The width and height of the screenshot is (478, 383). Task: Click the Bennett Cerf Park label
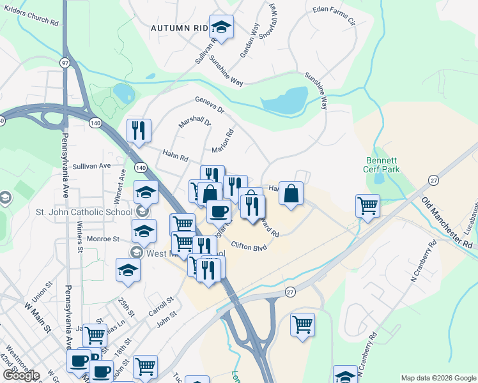click(x=382, y=165)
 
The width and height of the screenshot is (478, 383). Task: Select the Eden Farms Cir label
click(x=333, y=15)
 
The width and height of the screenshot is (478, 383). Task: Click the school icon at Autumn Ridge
click(x=221, y=27)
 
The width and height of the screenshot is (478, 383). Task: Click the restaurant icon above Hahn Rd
click(x=139, y=131)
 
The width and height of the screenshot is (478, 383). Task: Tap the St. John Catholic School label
click(x=75, y=211)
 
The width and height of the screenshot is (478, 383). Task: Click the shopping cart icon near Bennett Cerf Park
click(x=367, y=206)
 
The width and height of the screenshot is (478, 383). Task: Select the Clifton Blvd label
click(x=249, y=246)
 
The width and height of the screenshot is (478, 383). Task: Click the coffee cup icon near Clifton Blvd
click(x=219, y=211)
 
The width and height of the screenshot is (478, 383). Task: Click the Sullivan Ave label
click(x=91, y=165)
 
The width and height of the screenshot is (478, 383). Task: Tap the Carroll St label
click(x=162, y=303)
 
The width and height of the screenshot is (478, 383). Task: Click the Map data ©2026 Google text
click(x=438, y=377)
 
